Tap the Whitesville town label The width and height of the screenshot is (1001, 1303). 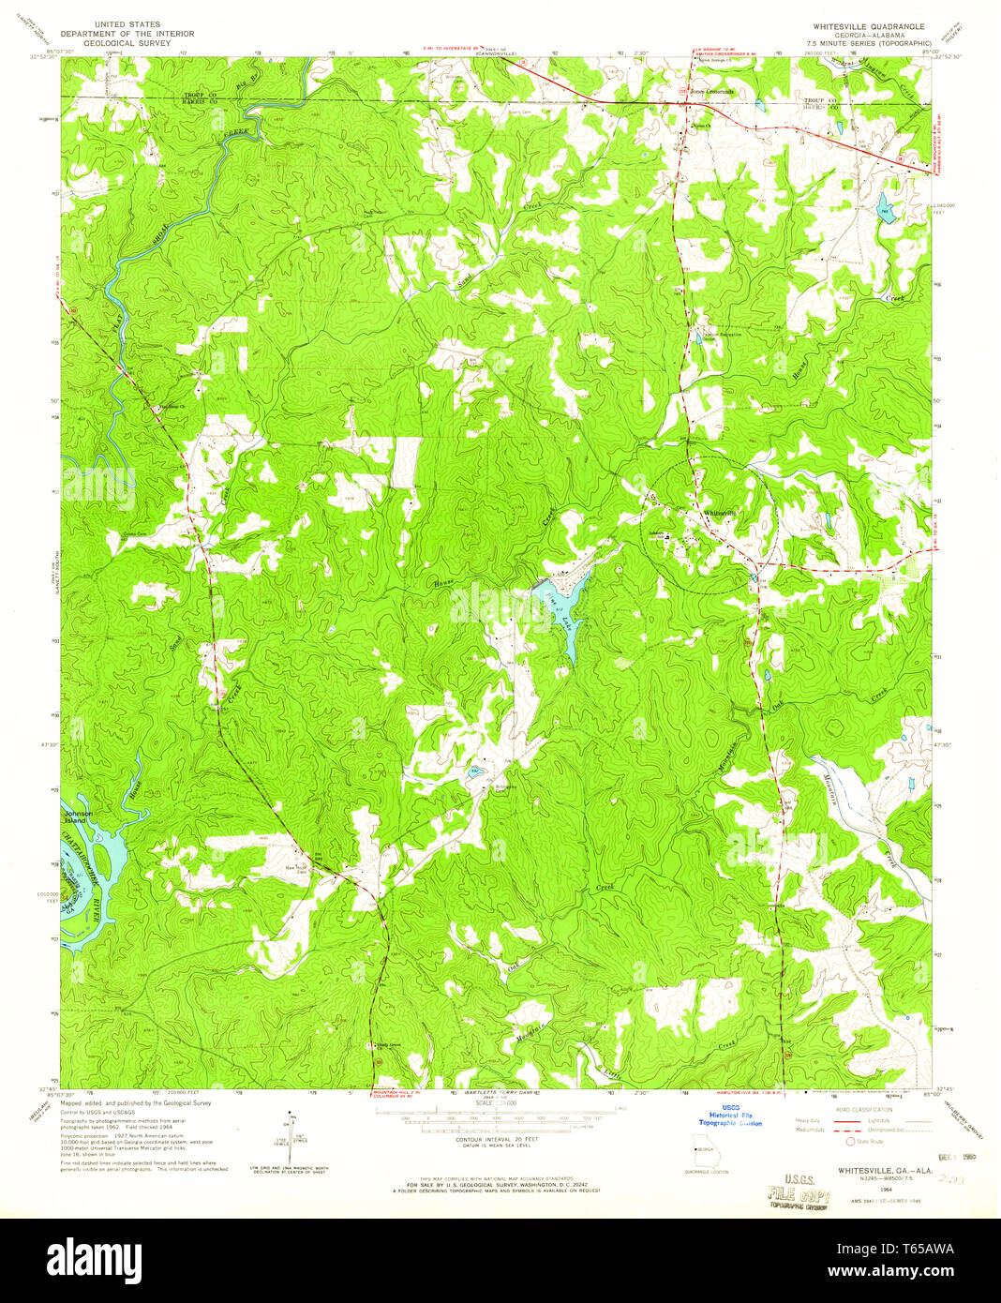pos(721,513)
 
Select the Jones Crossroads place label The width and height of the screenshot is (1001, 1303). pos(712,92)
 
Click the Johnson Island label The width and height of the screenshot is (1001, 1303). pos(79,816)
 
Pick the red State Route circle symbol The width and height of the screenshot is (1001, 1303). pos(851,1141)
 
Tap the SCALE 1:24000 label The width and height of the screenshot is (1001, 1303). pos(485,1102)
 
